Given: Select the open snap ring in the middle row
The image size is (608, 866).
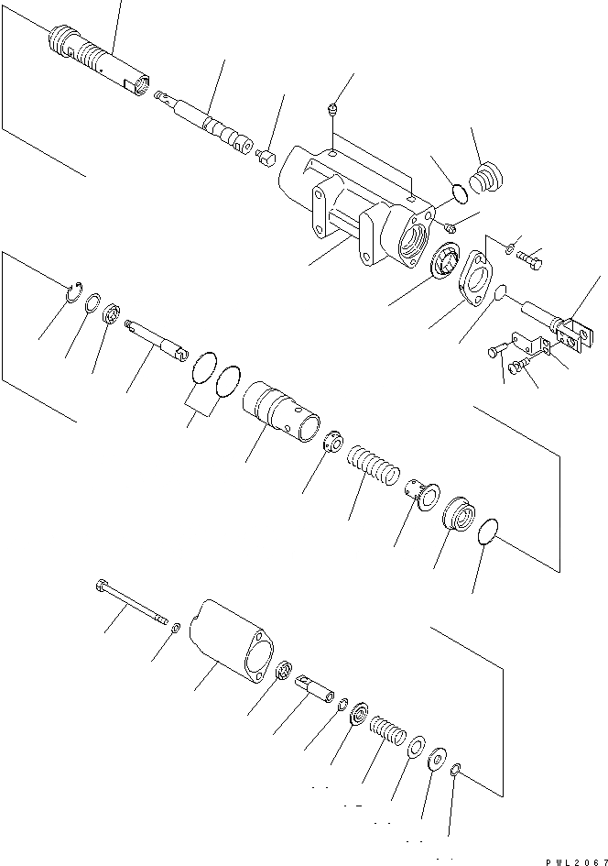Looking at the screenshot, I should click(x=76, y=293).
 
